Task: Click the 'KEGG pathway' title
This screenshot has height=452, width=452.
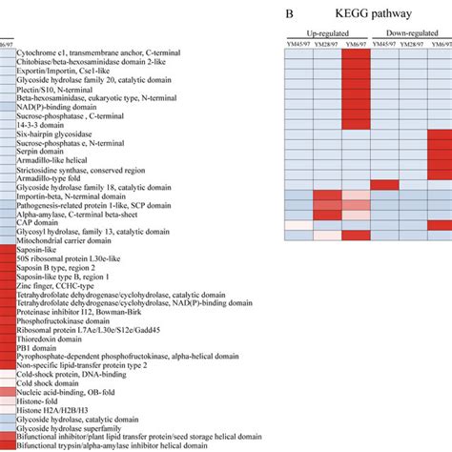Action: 373,14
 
